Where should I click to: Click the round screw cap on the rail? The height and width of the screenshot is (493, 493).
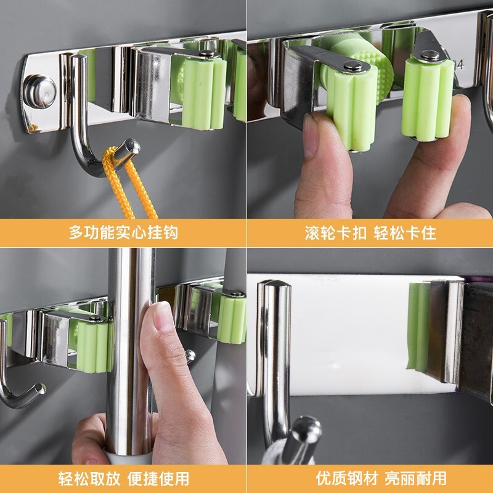[40, 91]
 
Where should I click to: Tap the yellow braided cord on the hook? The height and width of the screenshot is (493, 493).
[128, 184]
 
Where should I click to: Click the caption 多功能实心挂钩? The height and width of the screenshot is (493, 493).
[123, 233]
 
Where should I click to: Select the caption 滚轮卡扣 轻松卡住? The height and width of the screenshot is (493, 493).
[370, 233]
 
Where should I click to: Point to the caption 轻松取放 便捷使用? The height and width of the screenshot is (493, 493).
[124, 479]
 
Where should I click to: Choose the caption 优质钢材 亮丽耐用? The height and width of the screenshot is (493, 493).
[381, 479]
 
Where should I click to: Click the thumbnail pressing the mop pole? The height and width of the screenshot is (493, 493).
[163, 316]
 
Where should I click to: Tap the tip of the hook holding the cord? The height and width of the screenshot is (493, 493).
[131, 146]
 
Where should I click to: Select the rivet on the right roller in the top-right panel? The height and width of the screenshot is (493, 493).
[430, 55]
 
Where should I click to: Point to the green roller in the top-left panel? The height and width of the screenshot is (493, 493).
[204, 94]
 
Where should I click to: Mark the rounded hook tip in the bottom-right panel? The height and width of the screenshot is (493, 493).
[306, 427]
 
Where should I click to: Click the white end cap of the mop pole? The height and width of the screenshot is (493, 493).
[126, 458]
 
